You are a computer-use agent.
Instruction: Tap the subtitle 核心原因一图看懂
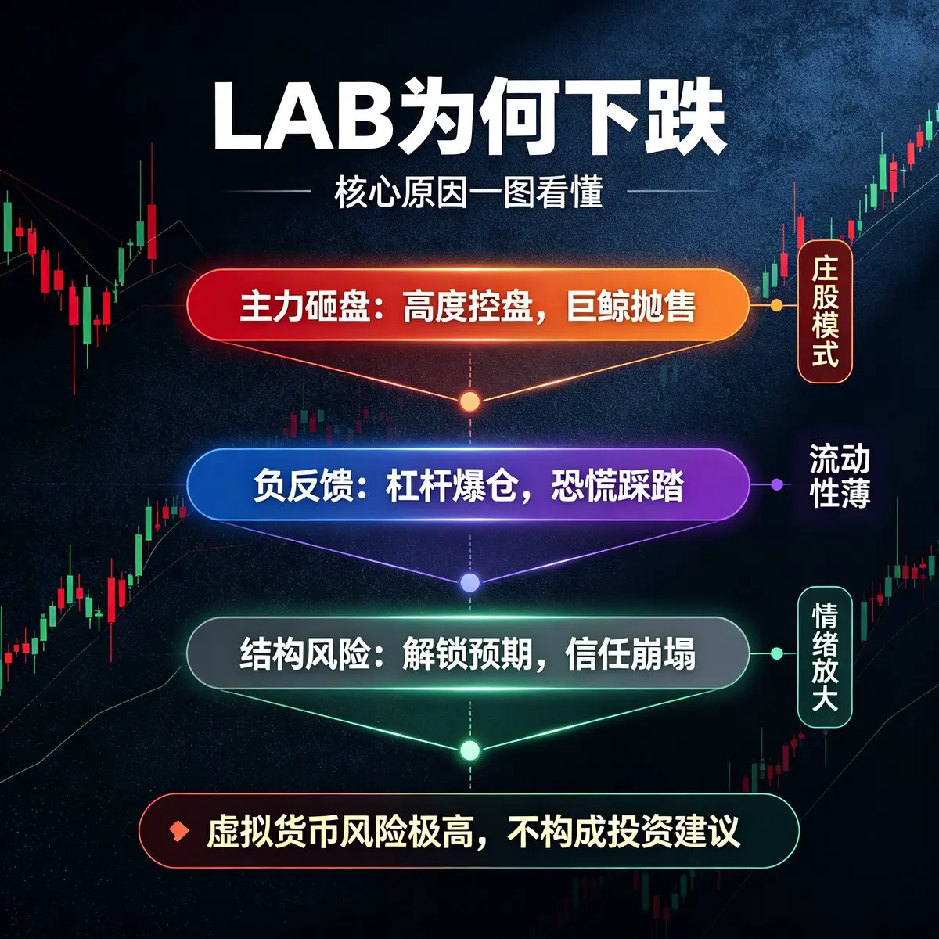tap(469, 192)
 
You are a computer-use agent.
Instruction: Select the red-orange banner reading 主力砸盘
tap(468, 305)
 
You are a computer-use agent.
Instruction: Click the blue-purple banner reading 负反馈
tap(468, 485)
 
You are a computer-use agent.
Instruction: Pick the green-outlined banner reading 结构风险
tap(468, 653)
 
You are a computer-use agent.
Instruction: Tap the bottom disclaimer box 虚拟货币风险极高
tap(469, 831)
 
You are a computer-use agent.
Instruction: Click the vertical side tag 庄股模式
tap(825, 311)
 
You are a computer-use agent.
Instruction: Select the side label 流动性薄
tap(840, 476)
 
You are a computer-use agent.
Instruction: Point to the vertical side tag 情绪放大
tap(825, 657)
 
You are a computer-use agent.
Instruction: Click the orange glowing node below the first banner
tap(469, 401)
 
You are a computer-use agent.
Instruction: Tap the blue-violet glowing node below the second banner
tap(469, 582)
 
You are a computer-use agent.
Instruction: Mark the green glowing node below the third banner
tap(469, 750)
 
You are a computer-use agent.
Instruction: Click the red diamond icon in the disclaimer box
tap(178, 831)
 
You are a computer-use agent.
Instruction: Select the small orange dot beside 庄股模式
tap(777, 305)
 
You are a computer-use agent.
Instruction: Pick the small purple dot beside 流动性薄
tap(777, 484)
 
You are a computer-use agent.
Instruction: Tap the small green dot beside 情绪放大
tap(777, 653)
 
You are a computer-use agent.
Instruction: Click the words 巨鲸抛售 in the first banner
tap(631, 306)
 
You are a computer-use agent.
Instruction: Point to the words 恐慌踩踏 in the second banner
tap(617, 485)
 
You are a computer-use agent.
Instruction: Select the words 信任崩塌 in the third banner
tap(631, 654)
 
